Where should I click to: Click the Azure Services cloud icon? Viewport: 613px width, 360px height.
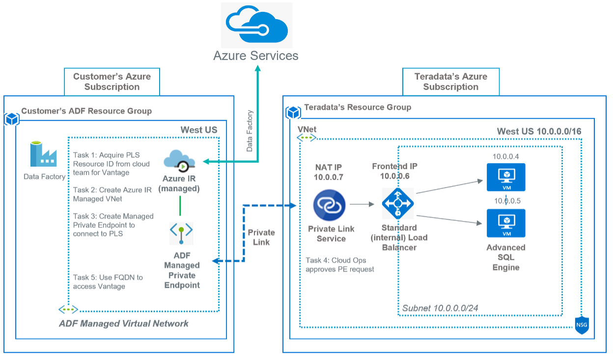pos(256,25)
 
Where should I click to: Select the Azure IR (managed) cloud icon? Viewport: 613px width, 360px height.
pos(179,161)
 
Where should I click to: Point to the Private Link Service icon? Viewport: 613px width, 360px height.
pos(330,206)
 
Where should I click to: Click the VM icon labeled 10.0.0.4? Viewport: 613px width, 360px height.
pos(506,177)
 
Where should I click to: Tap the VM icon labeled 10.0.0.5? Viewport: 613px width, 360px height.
pos(506,223)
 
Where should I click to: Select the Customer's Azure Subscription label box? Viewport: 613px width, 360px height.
pos(112,82)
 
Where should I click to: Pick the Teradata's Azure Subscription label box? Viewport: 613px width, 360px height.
pos(450,82)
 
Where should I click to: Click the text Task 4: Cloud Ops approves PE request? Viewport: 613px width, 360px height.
pos(339,265)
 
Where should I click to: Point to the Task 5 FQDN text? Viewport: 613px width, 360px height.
pos(108,282)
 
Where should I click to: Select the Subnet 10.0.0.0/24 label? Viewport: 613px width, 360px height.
pos(440,308)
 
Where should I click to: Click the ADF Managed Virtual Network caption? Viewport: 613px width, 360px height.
pos(124,324)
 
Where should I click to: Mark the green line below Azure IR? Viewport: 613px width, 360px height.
pos(181,206)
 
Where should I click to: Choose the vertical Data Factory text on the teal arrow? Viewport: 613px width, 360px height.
pos(250,130)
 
